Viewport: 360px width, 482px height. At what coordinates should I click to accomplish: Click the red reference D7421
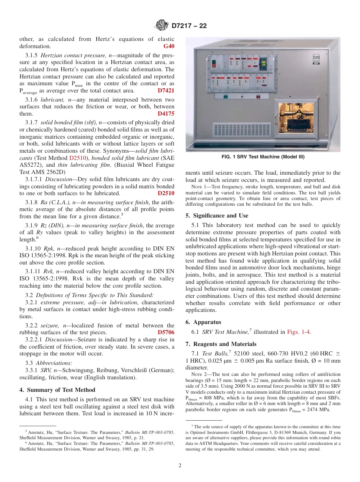(x=166, y=91)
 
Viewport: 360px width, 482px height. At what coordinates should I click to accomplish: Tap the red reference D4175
(x=166, y=114)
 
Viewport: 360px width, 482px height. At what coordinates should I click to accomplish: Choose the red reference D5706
(x=166, y=332)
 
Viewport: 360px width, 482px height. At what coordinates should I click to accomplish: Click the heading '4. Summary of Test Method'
(x=57, y=390)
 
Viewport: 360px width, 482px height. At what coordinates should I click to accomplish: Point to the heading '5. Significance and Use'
(x=217, y=216)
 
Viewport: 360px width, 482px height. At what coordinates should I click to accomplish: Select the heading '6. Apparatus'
(x=203, y=322)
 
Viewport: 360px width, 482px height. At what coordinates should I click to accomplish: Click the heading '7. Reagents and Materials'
(x=221, y=344)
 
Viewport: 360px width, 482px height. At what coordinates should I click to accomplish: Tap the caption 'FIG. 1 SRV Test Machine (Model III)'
(x=263, y=157)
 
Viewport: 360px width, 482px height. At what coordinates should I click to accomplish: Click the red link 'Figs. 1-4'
(x=299, y=332)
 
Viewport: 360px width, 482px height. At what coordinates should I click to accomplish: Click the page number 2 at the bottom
(x=180, y=465)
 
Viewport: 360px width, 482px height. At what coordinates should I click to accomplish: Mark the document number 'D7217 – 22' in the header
(x=189, y=26)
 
